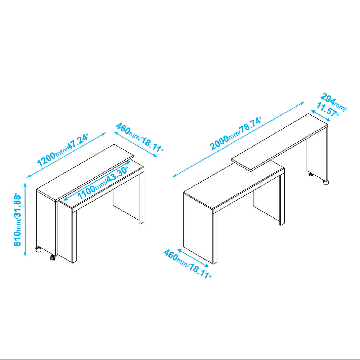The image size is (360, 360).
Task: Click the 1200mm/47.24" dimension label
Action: point(63,150)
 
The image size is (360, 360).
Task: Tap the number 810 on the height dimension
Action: point(17,238)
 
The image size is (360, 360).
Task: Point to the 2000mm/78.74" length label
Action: point(235,134)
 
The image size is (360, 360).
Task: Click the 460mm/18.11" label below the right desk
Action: point(187,264)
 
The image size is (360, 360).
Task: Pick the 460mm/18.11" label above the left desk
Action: point(140,138)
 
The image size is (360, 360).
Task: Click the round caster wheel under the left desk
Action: point(39,249)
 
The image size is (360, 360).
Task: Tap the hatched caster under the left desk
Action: point(53,258)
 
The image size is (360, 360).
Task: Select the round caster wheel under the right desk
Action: point(326,182)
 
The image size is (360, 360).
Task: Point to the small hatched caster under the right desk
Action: point(311,174)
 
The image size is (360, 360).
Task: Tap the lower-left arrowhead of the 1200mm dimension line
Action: point(28,177)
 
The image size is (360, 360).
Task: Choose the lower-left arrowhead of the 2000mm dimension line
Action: point(174,176)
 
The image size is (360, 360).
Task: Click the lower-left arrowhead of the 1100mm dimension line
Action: point(66,199)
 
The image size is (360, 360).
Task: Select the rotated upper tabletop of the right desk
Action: point(280,142)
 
